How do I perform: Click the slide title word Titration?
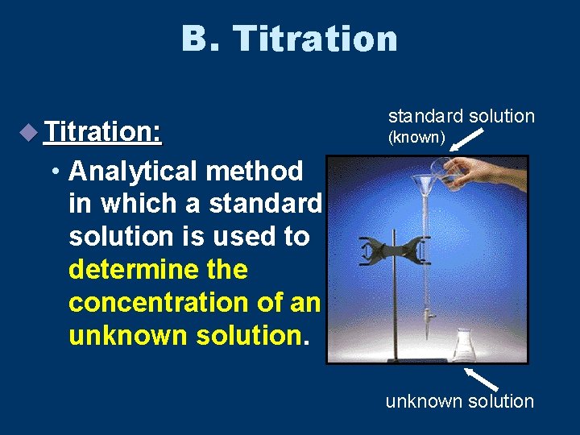(315, 38)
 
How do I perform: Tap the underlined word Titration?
(104, 130)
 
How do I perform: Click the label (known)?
(416, 138)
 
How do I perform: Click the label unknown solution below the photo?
(459, 400)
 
